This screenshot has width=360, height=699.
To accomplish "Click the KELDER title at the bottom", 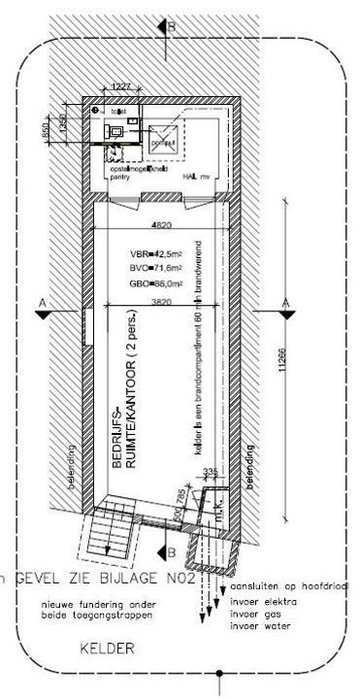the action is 108,647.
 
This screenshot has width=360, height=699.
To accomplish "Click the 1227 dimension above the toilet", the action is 121,87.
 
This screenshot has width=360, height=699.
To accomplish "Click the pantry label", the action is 118,178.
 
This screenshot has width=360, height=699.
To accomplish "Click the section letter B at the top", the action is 171,27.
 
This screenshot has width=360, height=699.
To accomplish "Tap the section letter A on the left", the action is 40,304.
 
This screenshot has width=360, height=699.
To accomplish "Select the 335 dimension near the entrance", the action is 207,472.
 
